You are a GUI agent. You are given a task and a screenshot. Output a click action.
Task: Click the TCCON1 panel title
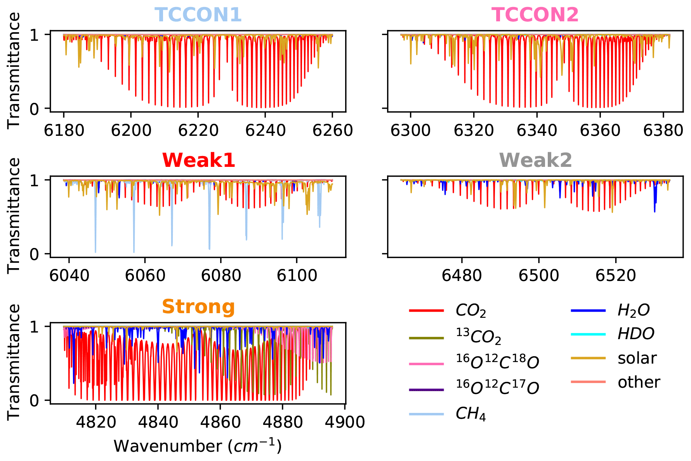(x=198, y=15)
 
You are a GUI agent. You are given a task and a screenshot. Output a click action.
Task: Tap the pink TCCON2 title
(x=535, y=15)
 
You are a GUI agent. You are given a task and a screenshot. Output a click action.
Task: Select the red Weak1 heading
(x=198, y=160)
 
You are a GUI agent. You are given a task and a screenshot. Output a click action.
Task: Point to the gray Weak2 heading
(x=535, y=160)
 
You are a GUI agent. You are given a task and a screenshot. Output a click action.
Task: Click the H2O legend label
(x=634, y=310)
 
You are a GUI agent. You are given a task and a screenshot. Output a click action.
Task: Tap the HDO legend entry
(x=636, y=334)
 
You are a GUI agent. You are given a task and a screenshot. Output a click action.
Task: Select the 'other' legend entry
(x=639, y=382)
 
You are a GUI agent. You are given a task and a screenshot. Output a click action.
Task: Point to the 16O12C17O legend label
(x=497, y=386)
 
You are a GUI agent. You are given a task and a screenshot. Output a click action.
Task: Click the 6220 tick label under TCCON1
(x=198, y=130)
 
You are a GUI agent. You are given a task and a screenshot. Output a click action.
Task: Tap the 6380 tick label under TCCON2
(x=663, y=130)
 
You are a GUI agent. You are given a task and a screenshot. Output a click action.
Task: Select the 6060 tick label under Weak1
(x=145, y=276)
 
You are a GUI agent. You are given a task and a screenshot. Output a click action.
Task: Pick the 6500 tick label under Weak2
(x=539, y=276)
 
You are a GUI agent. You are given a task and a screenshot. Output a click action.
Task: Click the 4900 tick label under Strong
(x=345, y=422)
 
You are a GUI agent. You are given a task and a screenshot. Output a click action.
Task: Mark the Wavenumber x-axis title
(x=198, y=446)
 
